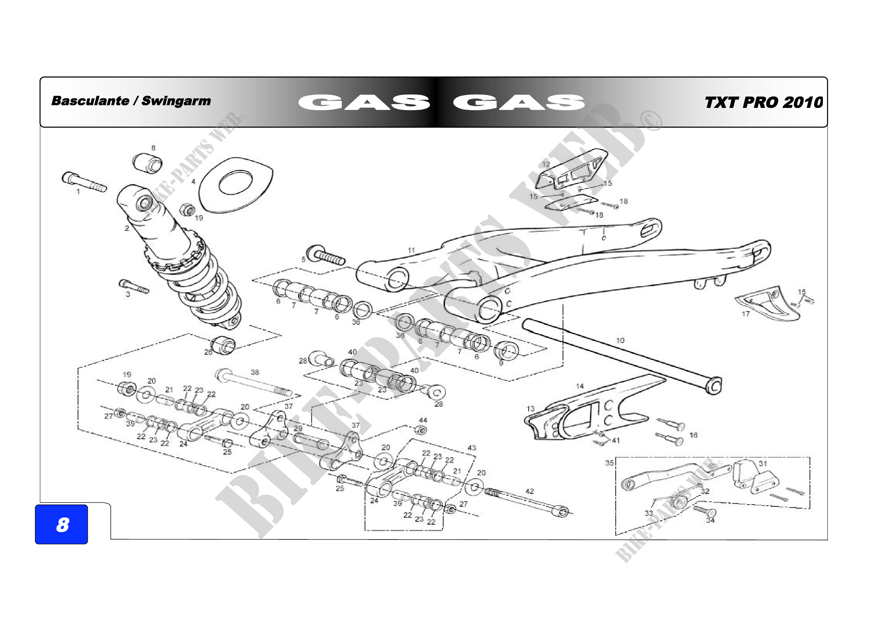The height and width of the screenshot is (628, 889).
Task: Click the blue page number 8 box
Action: [x=61, y=524]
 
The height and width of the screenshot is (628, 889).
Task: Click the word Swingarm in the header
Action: [x=176, y=101]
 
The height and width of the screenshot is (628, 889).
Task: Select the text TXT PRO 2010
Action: [x=764, y=103]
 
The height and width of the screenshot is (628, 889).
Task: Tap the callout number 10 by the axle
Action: [x=620, y=340]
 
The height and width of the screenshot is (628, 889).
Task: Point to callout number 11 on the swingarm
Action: [x=411, y=250]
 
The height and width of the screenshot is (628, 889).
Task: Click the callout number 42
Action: [x=529, y=491]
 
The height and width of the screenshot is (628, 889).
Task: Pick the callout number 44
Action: [x=423, y=420]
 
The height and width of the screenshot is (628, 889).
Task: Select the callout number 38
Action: [x=254, y=372]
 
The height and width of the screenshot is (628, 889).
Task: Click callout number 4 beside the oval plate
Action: [x=193, y=181]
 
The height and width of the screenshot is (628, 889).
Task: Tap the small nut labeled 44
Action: [x=421, y=430]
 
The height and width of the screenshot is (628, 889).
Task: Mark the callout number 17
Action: [x=745, y=314]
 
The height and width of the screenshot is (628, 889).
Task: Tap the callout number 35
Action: [x=609, y=463]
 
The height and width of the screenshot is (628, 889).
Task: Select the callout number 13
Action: [x=530, y=409]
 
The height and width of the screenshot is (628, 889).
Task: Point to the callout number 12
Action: [x=546, y=164]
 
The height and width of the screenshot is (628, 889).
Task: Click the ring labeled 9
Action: [x=506, y=351]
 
